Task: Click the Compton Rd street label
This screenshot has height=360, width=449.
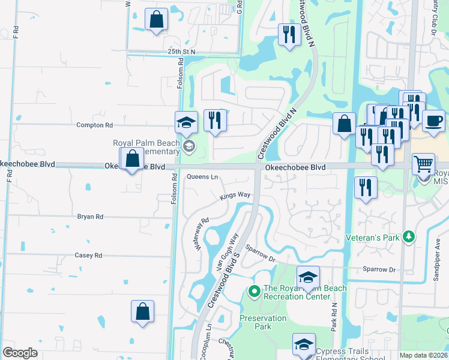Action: pos(95,125)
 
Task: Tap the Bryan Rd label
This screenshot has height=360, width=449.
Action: pos(90,217)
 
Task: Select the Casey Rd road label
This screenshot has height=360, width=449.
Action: pos(89,255)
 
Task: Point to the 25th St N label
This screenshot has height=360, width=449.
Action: pos(182,52)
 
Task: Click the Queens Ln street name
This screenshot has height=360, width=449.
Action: pos(202,177)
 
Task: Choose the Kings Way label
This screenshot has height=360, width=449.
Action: pos(235,195)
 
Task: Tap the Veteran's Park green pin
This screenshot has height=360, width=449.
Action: pos(408,237)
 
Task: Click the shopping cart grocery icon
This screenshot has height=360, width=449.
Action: pos(423,163)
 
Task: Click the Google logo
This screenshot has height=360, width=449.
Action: pos(20,353)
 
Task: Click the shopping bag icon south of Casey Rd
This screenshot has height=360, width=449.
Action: pos(143,311)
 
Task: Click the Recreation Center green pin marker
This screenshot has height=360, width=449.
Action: pos(254,292)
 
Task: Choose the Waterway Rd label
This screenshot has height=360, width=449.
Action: pos(200,233)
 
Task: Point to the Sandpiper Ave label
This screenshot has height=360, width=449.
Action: pos(438,255)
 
